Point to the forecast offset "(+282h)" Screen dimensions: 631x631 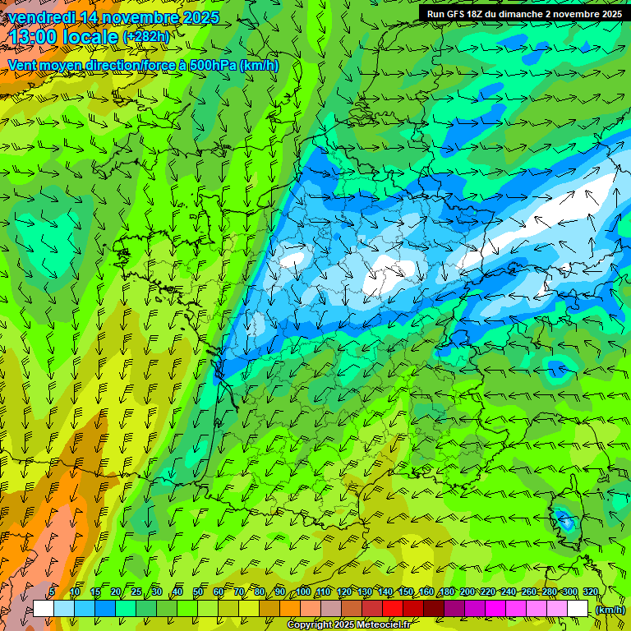[145, 37]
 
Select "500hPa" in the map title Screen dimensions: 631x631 [214, 66]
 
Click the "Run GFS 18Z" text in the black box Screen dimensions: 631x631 [461, 14]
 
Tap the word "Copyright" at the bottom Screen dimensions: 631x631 [310, 625]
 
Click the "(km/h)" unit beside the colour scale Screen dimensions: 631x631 [609, 609]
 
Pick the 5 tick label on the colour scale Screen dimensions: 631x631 [52, 592]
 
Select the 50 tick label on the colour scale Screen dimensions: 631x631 [197, 592]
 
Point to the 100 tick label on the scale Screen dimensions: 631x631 [303, 592]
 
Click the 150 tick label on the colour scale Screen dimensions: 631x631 [406, 592]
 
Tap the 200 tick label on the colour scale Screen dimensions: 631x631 [467, 592]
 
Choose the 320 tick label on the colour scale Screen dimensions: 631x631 [590, 592]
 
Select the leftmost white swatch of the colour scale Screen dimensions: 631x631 [44, 608]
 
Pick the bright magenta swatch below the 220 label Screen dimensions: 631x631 [495, 608]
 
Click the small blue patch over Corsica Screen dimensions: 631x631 [564, 518]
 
